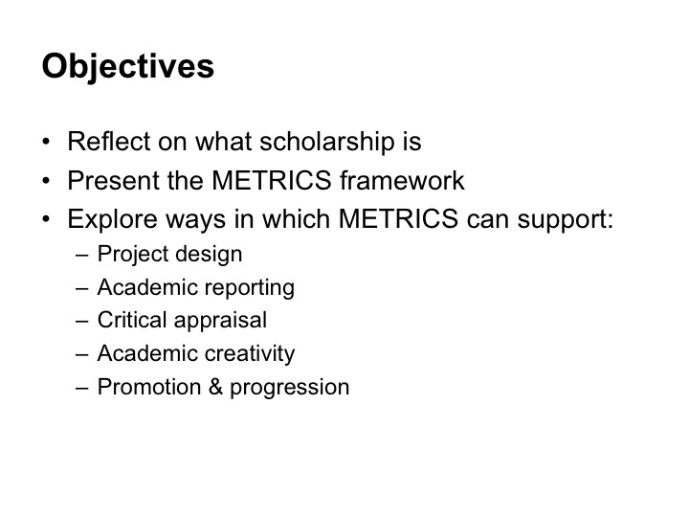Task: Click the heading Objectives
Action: [128, 67]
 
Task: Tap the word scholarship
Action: [327, 143]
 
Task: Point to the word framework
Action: [402, 180]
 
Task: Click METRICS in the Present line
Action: [272, 180]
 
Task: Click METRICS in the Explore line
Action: [398, 219]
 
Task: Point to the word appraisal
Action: [221, 321]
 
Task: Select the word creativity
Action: [250, 354]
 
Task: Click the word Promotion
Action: [149, 387]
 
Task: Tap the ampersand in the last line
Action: [215, 387]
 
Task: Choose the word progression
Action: [290, 388]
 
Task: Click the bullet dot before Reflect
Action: [46, 142]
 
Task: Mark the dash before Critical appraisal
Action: [82, 321]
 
